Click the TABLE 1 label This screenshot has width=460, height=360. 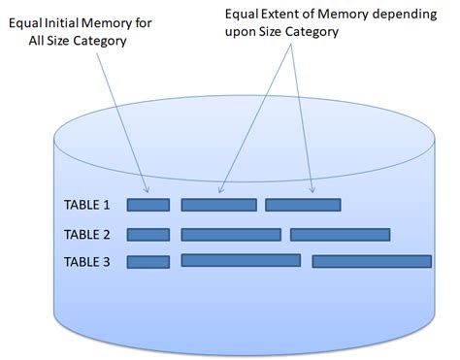coord(87,206)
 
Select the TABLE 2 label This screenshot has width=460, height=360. coord(87,235)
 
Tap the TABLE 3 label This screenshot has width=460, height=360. coord(87,262)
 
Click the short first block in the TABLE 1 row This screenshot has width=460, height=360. coord(148,205)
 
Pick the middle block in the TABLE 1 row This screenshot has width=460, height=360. coord(218,205)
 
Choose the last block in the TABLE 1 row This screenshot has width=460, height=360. coord(303,205)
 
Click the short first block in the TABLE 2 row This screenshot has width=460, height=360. coord(148,234)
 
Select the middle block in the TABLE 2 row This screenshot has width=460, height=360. coord(230,234)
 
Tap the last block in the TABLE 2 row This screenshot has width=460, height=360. coord(341,234)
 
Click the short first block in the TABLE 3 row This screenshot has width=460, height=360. coord(148,262)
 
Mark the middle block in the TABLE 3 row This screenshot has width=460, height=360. coord(241,260)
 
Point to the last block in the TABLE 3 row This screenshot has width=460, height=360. coord(372,261)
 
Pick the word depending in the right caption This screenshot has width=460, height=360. coord(398,15)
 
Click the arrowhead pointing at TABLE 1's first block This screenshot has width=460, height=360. coord(146,189)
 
